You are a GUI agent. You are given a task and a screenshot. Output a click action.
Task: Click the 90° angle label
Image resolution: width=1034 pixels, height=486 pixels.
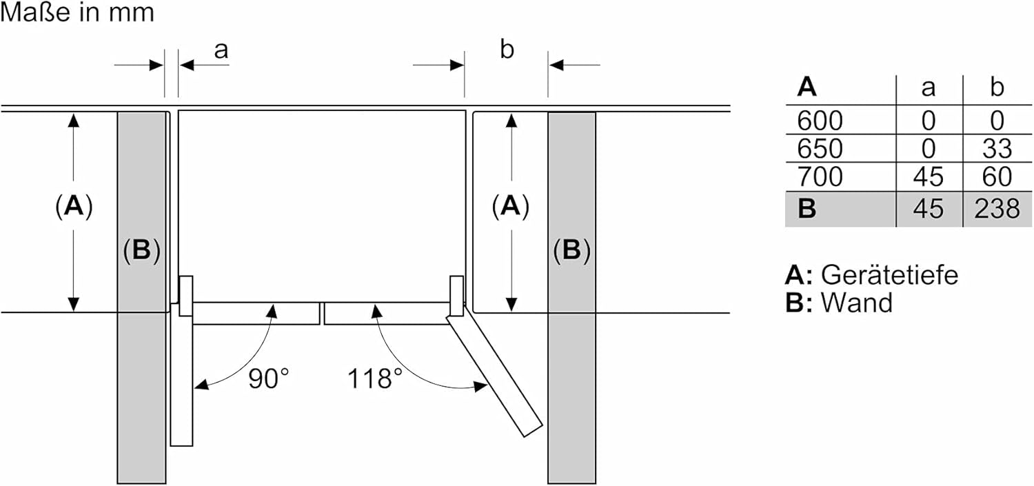[269, 379]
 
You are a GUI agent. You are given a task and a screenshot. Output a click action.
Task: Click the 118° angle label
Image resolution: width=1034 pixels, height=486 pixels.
[374, 379]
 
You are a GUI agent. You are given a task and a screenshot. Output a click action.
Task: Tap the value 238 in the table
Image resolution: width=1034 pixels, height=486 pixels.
[997, 209]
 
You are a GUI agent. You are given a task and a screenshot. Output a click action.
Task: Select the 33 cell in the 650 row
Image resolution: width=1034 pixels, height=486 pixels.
[997, 149]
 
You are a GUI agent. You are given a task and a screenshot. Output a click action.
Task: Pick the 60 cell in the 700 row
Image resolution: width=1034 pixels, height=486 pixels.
[997, 176]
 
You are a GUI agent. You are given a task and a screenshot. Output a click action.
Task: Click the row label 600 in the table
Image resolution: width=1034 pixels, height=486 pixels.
[820, 121]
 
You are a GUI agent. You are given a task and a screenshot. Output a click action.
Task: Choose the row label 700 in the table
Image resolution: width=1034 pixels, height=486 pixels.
[820, 176]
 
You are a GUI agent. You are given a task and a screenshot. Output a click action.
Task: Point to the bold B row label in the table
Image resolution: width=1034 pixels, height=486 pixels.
[807, 209]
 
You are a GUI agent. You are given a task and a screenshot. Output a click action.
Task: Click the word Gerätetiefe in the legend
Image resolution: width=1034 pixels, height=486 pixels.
[889, 276]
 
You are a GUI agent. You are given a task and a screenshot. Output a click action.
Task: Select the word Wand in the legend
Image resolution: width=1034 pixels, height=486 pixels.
[857, 303]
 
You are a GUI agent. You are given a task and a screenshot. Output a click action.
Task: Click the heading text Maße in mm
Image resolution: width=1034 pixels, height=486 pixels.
[77, 12]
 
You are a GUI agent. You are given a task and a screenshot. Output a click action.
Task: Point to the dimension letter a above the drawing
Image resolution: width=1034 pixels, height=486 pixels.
[221, 50]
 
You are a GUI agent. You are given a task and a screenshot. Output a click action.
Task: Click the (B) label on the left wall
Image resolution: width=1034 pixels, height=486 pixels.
[141, 250]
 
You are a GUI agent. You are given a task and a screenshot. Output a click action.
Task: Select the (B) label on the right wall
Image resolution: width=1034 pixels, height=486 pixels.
[571, 250]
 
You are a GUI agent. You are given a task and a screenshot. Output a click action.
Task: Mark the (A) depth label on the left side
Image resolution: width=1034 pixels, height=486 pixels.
[74, 206]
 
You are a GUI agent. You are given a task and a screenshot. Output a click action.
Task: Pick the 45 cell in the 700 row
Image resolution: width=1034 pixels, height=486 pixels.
[929, 176]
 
